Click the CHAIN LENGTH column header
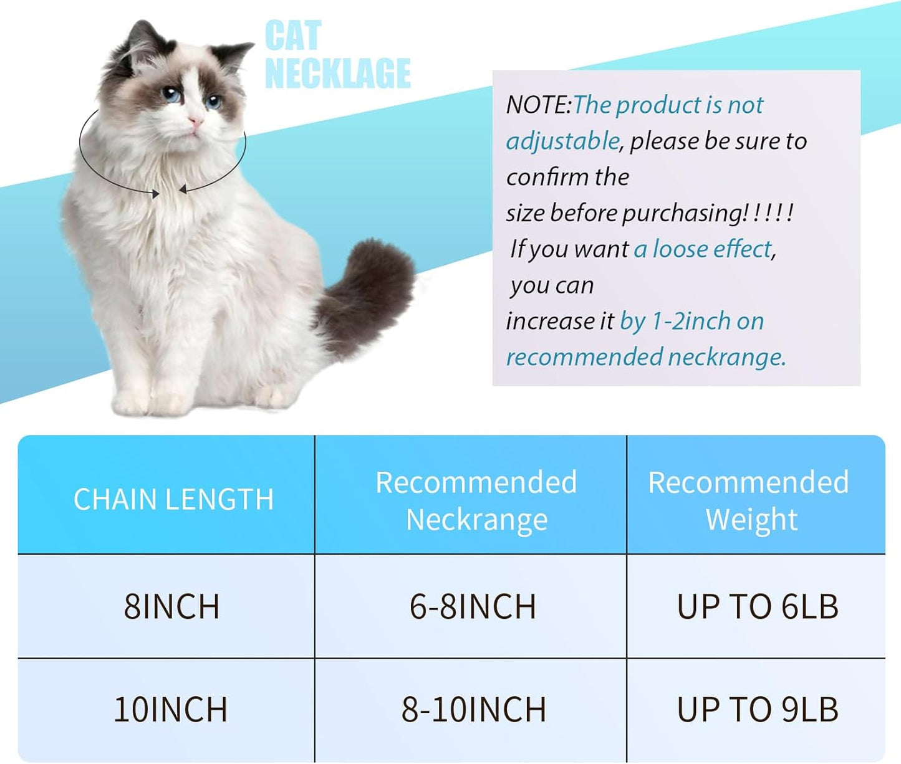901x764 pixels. click(173, 499)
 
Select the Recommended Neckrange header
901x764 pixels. click(476, 500)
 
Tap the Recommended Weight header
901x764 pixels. click(748, 500)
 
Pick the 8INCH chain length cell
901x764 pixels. click(171, 606)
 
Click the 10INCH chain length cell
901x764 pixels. click(170, 710)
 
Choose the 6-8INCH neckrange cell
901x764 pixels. click(473, 606)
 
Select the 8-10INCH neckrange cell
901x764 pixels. click(473, 710)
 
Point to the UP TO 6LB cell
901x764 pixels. click(758, 606)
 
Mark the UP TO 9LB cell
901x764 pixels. click(758, 710)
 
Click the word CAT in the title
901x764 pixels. click(293, 36)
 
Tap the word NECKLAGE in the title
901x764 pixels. click(337, 73)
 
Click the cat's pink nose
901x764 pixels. click(196, 120)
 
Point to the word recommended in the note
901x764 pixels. click(584, 357)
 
